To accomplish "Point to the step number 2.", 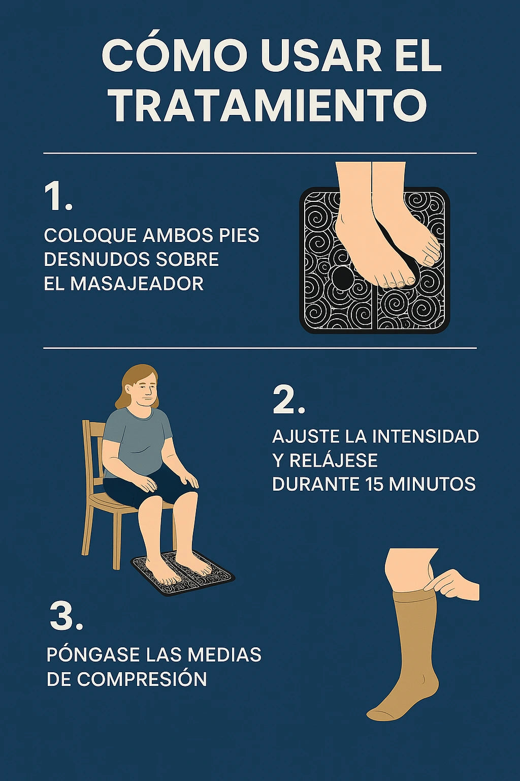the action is point(288,400).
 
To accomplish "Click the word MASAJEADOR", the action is point(137,284).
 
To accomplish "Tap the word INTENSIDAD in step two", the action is point(425,437).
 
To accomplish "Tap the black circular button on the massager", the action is point(342,278).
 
